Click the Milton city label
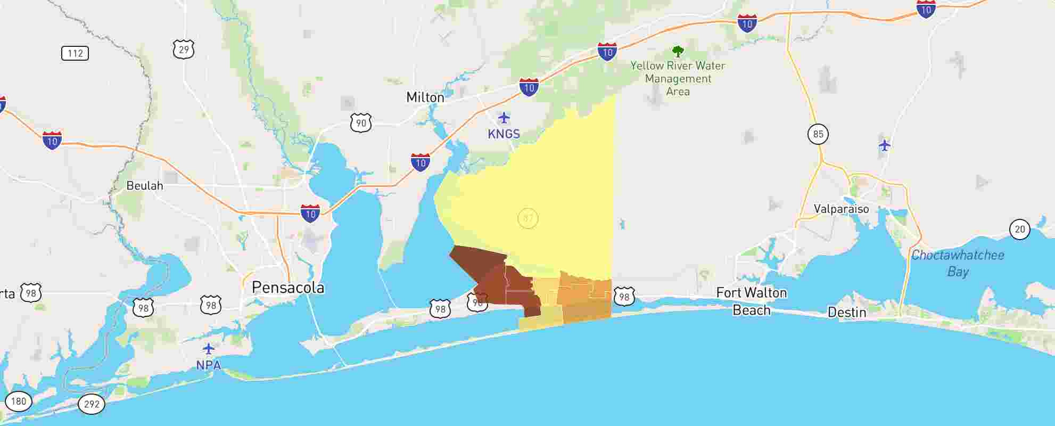click(425, 97)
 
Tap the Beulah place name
click(144, 186)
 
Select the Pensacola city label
click(287, 288)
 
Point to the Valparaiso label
click(841, 209)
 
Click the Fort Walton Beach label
click(751, 301)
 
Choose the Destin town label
click(846, 313)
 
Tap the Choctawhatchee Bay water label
click(958, 263)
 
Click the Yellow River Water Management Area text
click(678, 79)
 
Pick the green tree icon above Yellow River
click(678, 52)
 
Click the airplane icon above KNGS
click(504, 118)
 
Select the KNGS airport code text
click(504, 134)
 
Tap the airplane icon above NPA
click(209, 349)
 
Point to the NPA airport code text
click(209, 365)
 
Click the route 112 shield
click(75, 53)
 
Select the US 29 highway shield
click(184, 50)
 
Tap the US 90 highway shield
click(361, 123)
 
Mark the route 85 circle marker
click(818, 134)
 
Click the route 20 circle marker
click(1019, 230)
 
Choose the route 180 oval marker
click(19, 401)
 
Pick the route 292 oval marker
click(92, 404)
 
